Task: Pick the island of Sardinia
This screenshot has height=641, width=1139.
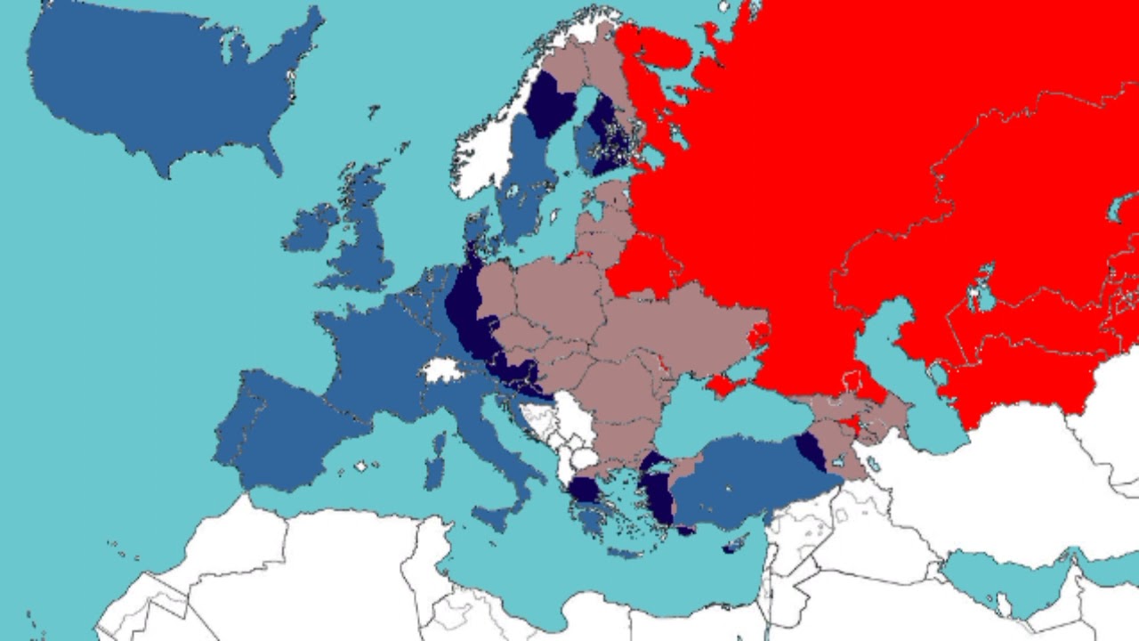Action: pos(435,463)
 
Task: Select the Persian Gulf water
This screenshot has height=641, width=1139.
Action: pos(1014,579)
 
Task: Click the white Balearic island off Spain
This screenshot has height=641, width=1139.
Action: pos(360,466)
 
